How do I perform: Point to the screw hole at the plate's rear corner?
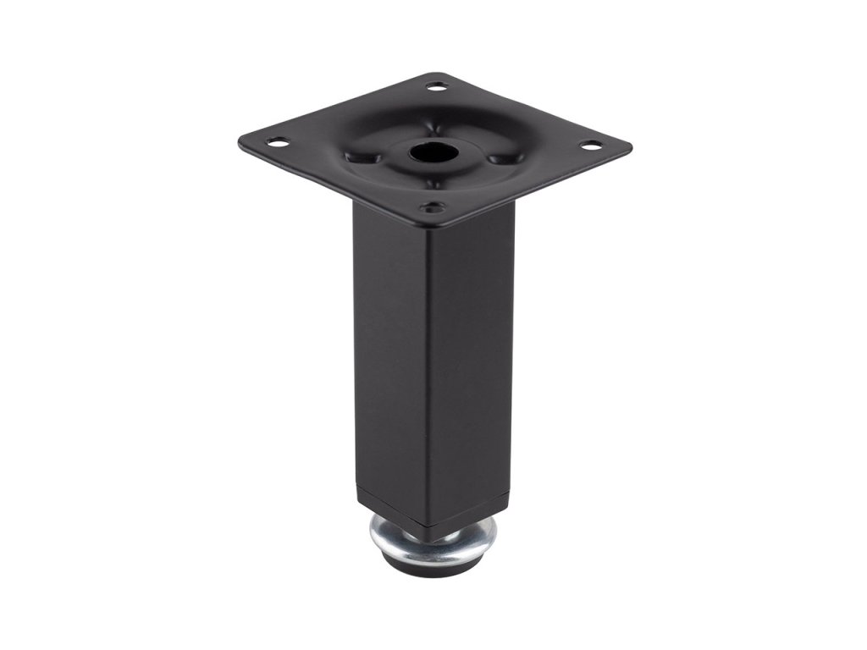437,86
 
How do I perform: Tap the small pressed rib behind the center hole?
439,125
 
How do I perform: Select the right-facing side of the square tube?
474,355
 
